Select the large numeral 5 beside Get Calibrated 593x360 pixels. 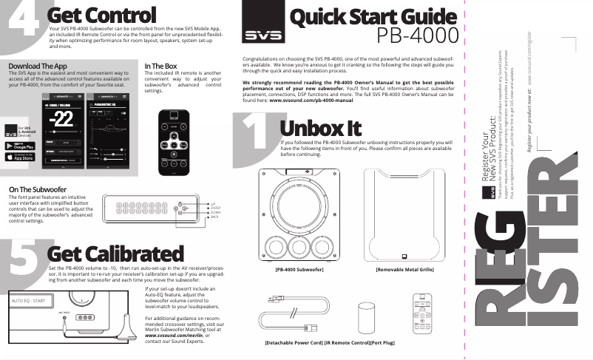pyautogui.click(x=21, y=251)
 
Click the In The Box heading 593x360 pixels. pyautogui.click(x=160, y=67)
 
